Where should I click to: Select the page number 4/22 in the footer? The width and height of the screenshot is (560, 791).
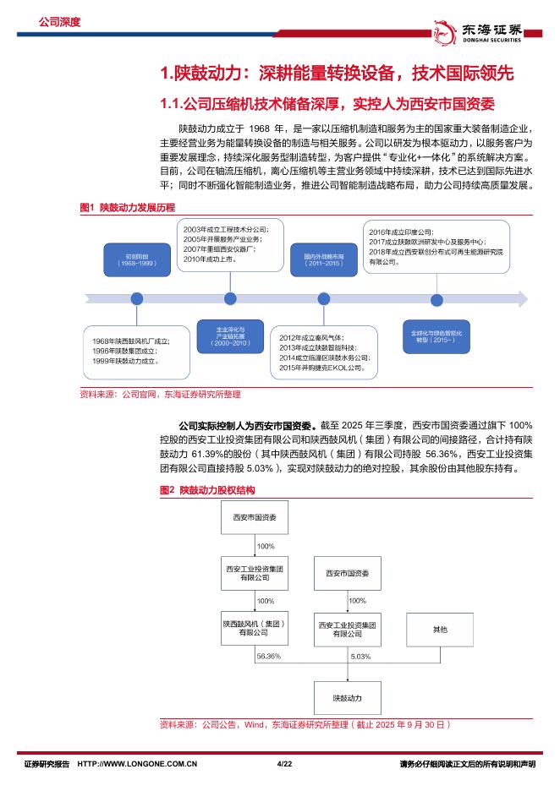(x=283, y=764)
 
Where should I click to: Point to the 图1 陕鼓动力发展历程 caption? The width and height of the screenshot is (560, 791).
(x=126, y=207)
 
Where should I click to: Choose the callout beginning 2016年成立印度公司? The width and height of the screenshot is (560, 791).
(x=436, y=246)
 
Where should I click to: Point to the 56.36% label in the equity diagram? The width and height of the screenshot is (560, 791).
(x=268, y=655)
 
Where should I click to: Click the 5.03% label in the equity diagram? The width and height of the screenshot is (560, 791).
(x=359, y=655)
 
